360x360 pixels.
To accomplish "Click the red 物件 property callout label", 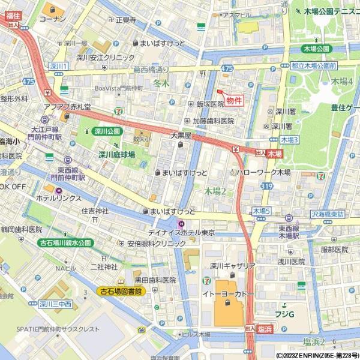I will pyautogui.click(x=235, y=101).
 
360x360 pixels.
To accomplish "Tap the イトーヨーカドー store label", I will pyautogui.click(x=227, y=295).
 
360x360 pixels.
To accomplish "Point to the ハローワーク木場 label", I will pyautogui.click(x=263, y=172).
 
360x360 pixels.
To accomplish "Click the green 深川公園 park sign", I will pyautogui.click(x=107, y=131).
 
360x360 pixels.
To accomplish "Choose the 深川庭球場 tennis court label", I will pyautogui.click(x=116, y=154).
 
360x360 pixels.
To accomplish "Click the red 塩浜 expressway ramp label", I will pyautogui.click(x=266, y=329).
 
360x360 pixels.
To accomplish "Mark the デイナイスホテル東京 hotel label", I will pyautogui.click(x=182, y=232).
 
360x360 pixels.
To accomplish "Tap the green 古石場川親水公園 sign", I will pyautogui.click(x=65, y=243).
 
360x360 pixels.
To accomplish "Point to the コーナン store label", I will pyautogui.click(x=52, y=19).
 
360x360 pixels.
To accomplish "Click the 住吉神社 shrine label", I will pyautogui.click(x=95, y=211).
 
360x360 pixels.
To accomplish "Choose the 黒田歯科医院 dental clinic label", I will pyautogui.click(x=155, y=280).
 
